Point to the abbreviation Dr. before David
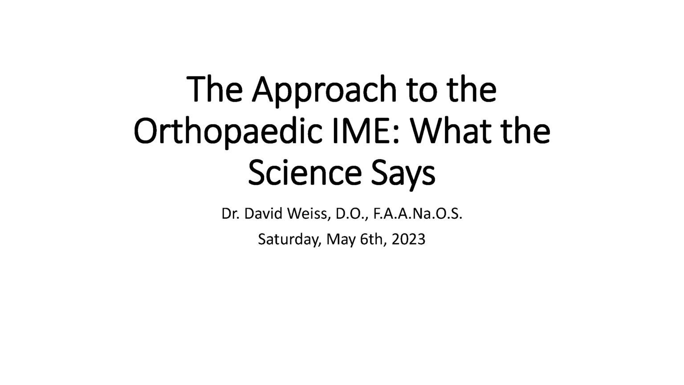click(231, 214)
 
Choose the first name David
click(264, 214)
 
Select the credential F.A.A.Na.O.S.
click(418, 214)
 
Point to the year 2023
click(409, 239)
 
